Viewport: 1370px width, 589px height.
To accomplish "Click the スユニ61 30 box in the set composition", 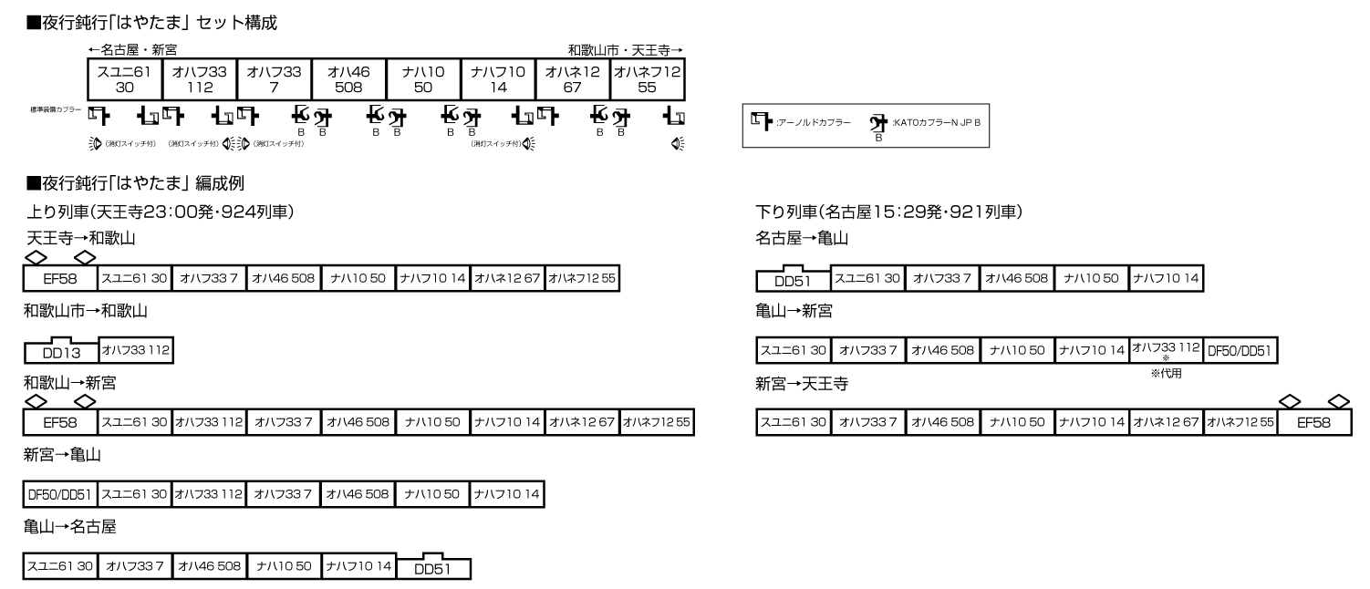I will click(124, 79).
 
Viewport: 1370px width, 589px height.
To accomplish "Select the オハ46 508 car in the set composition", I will click(348, 79).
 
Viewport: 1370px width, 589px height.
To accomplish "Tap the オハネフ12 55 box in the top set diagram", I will click(648, 79).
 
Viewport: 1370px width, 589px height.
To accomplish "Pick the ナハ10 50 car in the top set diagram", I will click(423, 79).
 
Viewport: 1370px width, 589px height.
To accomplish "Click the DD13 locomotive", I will click(62, 352).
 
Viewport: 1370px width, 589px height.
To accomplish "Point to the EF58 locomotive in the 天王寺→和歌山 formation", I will click(60, 277).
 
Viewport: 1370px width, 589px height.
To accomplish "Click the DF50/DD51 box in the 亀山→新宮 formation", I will click(1240, 350).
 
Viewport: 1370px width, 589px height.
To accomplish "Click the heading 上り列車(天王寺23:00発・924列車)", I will click(160, 212).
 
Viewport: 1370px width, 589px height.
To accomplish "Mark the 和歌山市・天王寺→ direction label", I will click(625, 49).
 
